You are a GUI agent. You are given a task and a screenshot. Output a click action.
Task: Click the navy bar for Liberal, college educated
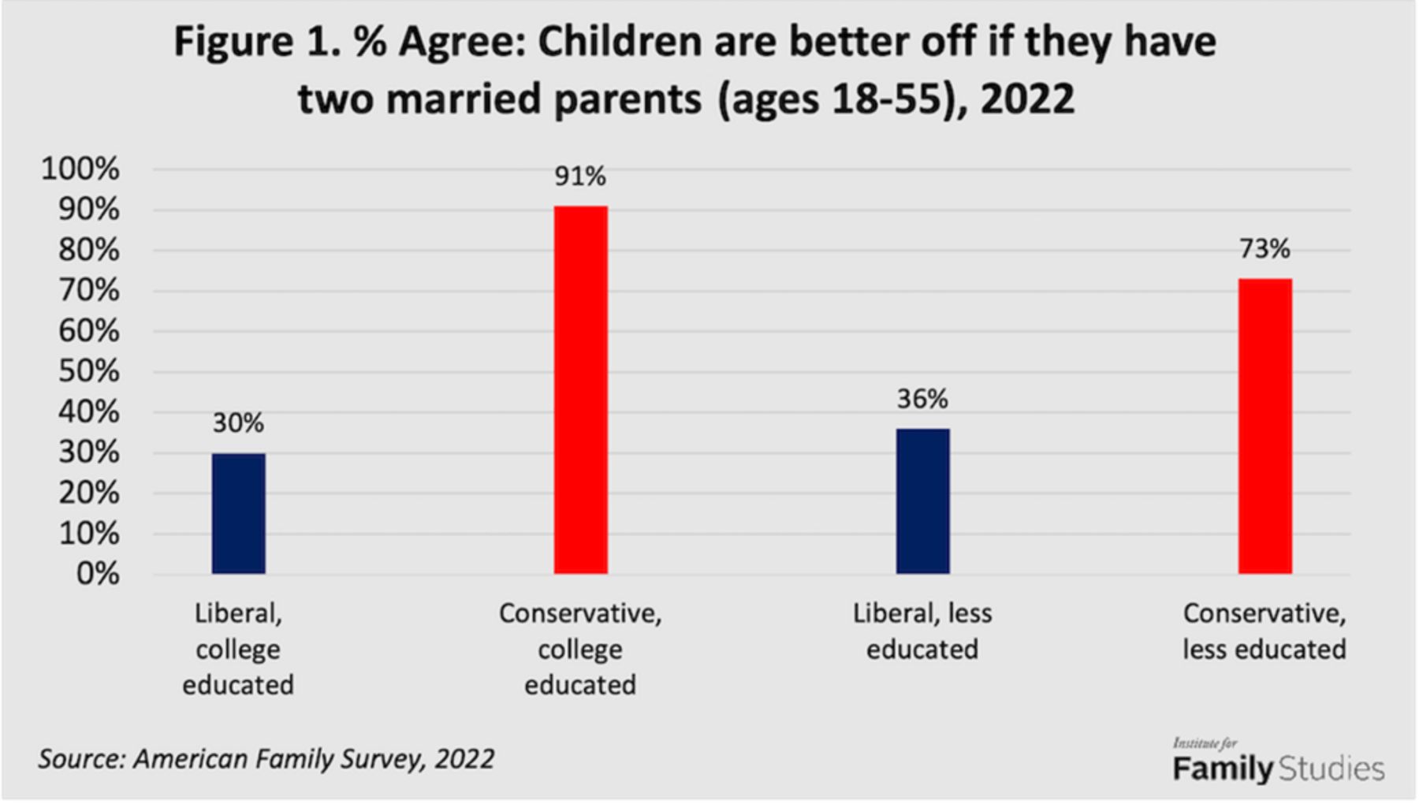point(238,513)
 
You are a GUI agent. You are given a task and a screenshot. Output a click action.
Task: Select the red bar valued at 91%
point(580,389)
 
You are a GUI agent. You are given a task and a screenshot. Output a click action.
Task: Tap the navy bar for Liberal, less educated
point(922,501)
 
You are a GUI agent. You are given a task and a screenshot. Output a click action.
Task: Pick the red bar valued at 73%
point(1264,426)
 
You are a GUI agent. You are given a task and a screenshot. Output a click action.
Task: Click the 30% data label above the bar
point(238,423)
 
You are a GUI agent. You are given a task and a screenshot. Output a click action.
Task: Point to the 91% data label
point(580,177)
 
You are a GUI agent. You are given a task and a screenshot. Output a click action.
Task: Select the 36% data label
point(922,399)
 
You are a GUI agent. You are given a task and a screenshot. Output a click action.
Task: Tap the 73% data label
point(1264,249)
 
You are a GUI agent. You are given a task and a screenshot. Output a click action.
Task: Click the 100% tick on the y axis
point(80,169)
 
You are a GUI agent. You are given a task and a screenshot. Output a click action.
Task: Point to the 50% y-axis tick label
point(88,371)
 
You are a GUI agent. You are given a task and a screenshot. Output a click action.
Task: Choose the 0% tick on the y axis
point(98,574)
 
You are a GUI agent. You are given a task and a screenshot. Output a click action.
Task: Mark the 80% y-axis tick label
point(88,250)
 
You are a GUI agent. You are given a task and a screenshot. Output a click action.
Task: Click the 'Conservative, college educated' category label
point(580,649)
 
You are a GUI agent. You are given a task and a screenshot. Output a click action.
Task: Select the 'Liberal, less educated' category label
point(922,631)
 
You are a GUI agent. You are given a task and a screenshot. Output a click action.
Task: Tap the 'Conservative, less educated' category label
point(1264,631)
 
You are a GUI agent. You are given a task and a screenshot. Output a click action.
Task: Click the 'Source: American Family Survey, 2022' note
point(266,758)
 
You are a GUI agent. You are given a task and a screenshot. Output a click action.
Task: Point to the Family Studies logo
point(1278,761)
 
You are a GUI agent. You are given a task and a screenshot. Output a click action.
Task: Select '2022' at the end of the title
point(1027,99)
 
